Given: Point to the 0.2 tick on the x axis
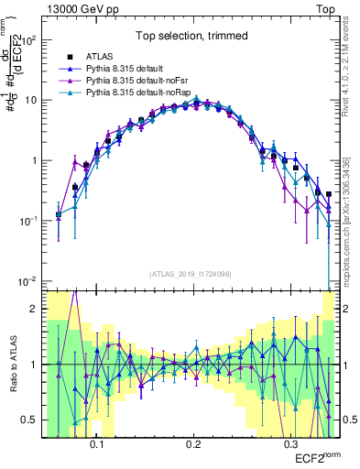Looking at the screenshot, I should [193, 443].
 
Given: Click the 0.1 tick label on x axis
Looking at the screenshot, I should [96, 443].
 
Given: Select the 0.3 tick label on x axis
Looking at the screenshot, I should [290, 443].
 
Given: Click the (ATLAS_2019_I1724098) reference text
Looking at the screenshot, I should [192, 274].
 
